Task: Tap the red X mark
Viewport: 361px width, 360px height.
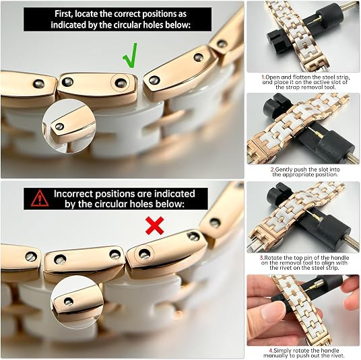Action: pyautogui.click(x=155, y=225)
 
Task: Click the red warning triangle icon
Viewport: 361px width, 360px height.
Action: pyautogui.click(x=40, y=199)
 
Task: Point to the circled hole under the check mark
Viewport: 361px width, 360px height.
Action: pyautogui.click(x=121, y=83)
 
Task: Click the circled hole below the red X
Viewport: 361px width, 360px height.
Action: pyautogui.click(x=144, y=254)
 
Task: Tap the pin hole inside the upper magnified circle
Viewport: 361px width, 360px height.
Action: pyautogui.click(x=59, y=127)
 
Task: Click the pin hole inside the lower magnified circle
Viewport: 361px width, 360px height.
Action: pyautogui.click(x=69, y=301)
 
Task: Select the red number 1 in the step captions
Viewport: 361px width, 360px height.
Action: pyautogui.click(x=263, y=77)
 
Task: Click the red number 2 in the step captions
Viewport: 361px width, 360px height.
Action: pyautogui.click(x=273, y=170)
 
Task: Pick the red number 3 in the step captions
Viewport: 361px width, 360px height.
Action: pyautogui.click(x=262, y=258)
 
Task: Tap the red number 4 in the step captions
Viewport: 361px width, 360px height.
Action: pyautogui.click(x=271, y=351)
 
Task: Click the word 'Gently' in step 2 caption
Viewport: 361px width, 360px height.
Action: pyautogui.click(x=284, y=170)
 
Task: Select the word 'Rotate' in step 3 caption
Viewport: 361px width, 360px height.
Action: pyautogui.click(x=272, y=258)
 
